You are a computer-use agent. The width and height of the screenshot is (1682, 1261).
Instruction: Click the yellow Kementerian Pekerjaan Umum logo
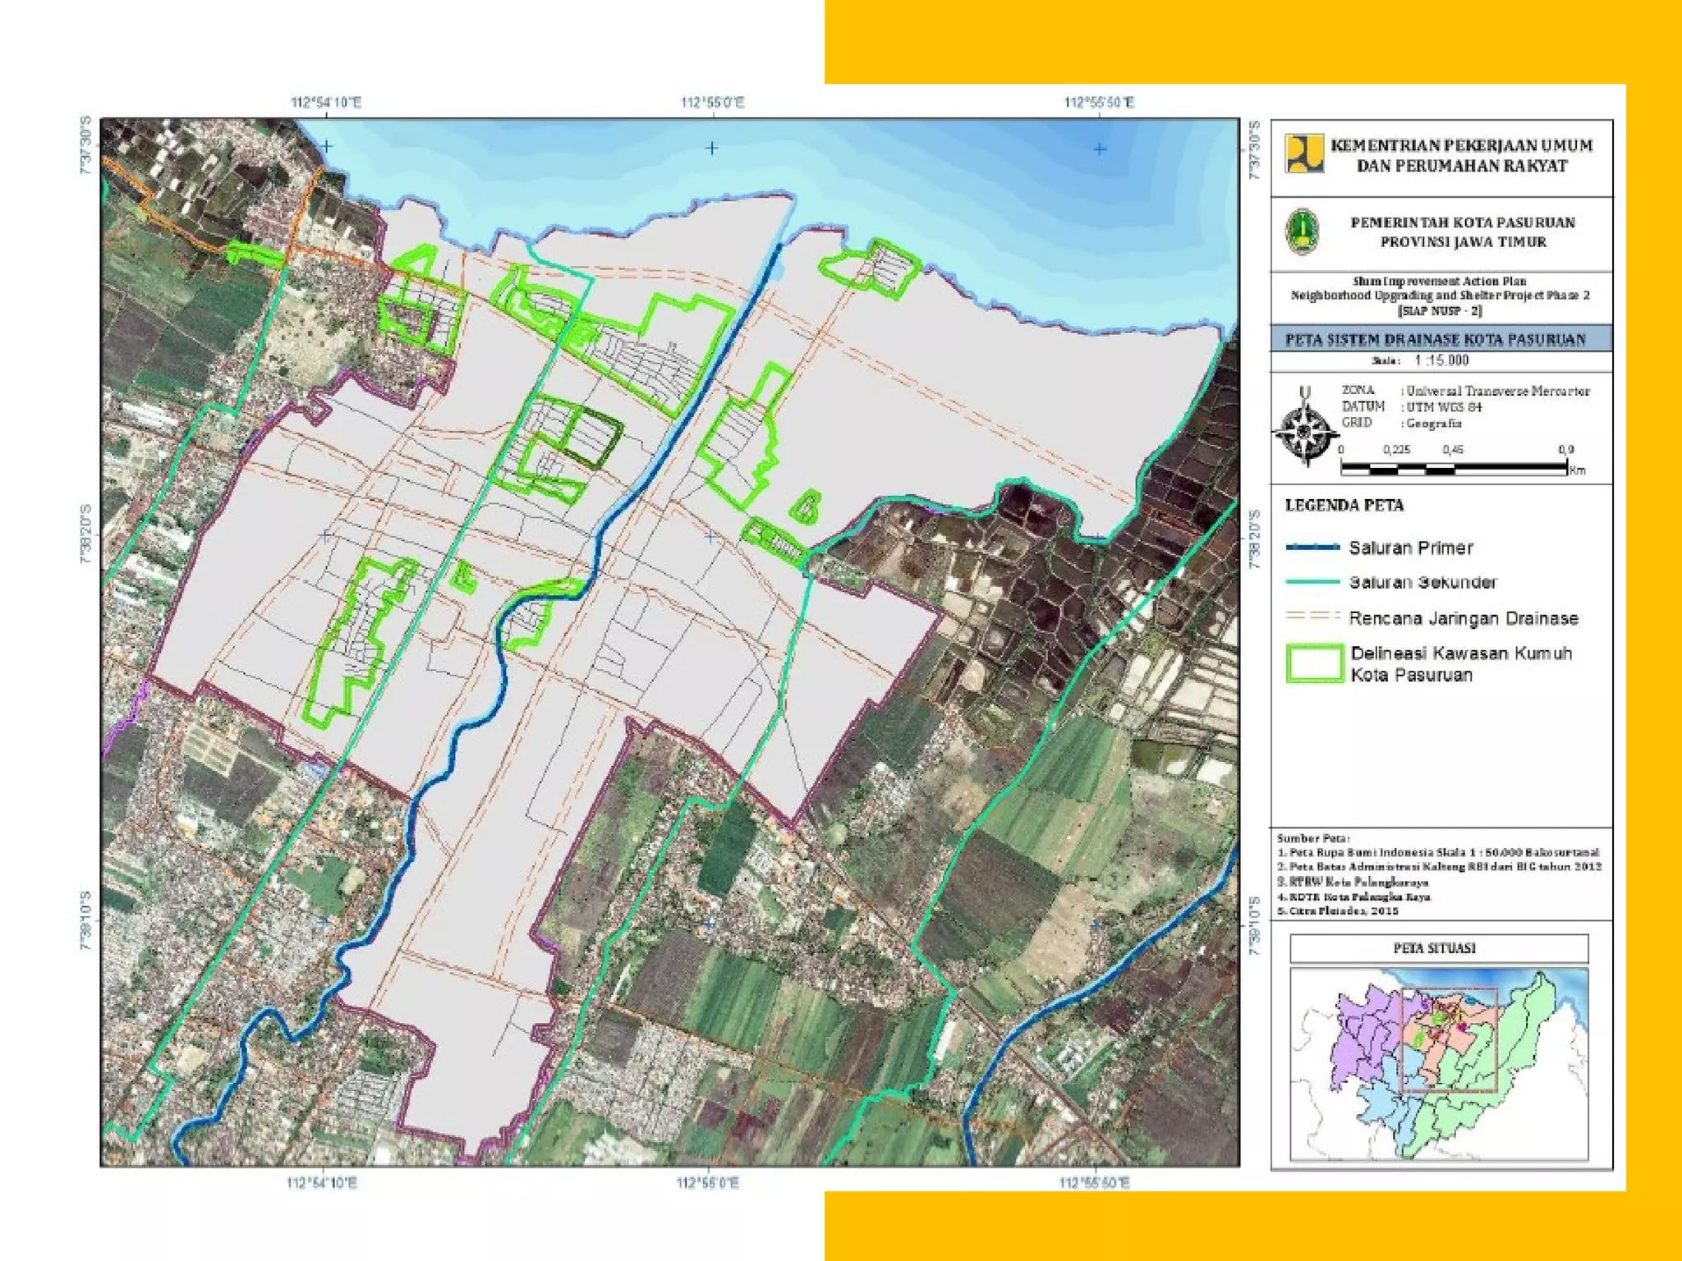(x=1304, y=154)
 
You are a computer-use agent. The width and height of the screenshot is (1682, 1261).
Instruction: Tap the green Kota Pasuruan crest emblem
(x=1302, y=232)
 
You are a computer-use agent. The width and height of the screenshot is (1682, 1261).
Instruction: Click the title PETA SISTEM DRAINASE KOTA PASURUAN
(x=1435, y=340)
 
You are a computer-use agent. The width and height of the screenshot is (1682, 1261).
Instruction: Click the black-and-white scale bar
(x=1454, y=469)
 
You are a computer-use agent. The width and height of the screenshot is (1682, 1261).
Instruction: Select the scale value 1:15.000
(x=1441, y=360)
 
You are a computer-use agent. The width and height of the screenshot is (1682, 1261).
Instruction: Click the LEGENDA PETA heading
(x=1344, y=506)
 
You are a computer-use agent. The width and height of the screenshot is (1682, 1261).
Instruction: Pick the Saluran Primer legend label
(x=1410, y=548)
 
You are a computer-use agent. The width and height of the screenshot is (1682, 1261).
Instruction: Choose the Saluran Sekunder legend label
(x=1422, y=582)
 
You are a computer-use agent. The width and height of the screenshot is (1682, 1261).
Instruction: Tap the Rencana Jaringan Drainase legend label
(x=1463, y=618)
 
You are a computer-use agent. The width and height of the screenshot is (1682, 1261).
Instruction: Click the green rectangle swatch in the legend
(x=1314, y=663)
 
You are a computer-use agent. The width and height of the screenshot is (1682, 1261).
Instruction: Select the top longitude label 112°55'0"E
(x=712, y=103)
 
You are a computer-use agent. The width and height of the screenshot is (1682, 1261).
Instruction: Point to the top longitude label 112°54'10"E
(x=325, y=103)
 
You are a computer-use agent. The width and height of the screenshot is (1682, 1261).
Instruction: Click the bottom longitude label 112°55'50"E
(x=1094, y=1183)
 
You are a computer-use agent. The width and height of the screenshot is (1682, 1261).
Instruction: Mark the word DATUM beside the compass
(x=1363, y=406)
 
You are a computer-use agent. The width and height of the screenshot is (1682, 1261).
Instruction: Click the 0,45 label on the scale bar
(x=1453, y=450)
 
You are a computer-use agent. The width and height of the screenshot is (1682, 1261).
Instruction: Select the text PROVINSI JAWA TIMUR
(x=1463, y=242)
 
